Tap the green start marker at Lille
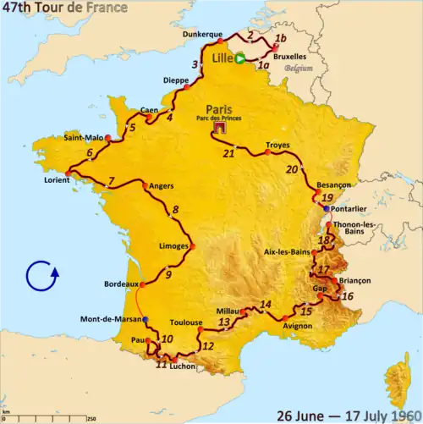[239, 58]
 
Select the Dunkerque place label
[202, 35]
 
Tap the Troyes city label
[277, 145]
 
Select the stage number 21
[228, 153]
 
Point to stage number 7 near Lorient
[111, 181]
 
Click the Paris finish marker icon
[220, 129]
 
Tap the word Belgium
[294, 66]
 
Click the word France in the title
[106, 8]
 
